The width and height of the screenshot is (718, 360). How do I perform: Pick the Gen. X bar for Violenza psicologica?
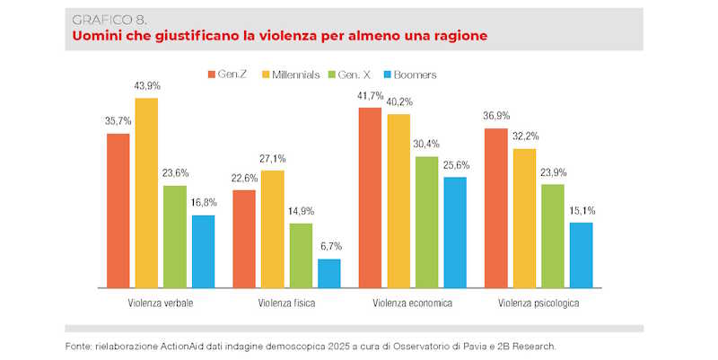(x=553, y=235)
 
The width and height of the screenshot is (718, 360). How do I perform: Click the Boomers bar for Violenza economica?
(x=455, y=232)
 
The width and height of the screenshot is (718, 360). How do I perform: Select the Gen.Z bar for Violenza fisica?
(x=244, y=238)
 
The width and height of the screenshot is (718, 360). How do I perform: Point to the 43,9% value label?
(x=147, y=85)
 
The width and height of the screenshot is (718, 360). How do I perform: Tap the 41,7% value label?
(x=370, y=95)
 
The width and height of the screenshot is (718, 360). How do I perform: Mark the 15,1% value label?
(x=582, y=211)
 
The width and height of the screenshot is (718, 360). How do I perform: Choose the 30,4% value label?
(x=427, y=145)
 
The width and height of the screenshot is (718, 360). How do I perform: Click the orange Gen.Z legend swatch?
(x=211, y=75)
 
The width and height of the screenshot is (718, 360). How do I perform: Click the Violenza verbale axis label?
(x=161, y=303)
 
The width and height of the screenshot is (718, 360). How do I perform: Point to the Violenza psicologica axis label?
(x=538, y=303)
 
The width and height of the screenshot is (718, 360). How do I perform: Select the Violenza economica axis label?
(x=412, y=303)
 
